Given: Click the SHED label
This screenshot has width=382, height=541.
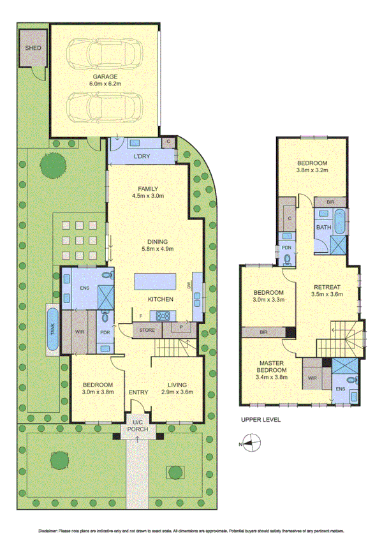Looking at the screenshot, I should click(31, 48).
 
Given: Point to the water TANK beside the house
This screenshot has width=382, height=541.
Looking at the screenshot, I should click(52, 329).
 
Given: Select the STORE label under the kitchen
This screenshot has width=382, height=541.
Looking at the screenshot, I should click(148, 330).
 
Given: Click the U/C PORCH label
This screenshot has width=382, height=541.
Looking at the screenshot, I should click(138, 426).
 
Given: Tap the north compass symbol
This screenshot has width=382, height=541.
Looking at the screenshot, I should click(253, 442).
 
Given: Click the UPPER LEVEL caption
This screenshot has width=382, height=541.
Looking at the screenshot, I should click(260, 421).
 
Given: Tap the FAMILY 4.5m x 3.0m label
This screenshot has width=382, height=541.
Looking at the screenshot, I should click(148, 192).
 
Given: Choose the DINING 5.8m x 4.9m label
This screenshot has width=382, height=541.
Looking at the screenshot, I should click(157, 245).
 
